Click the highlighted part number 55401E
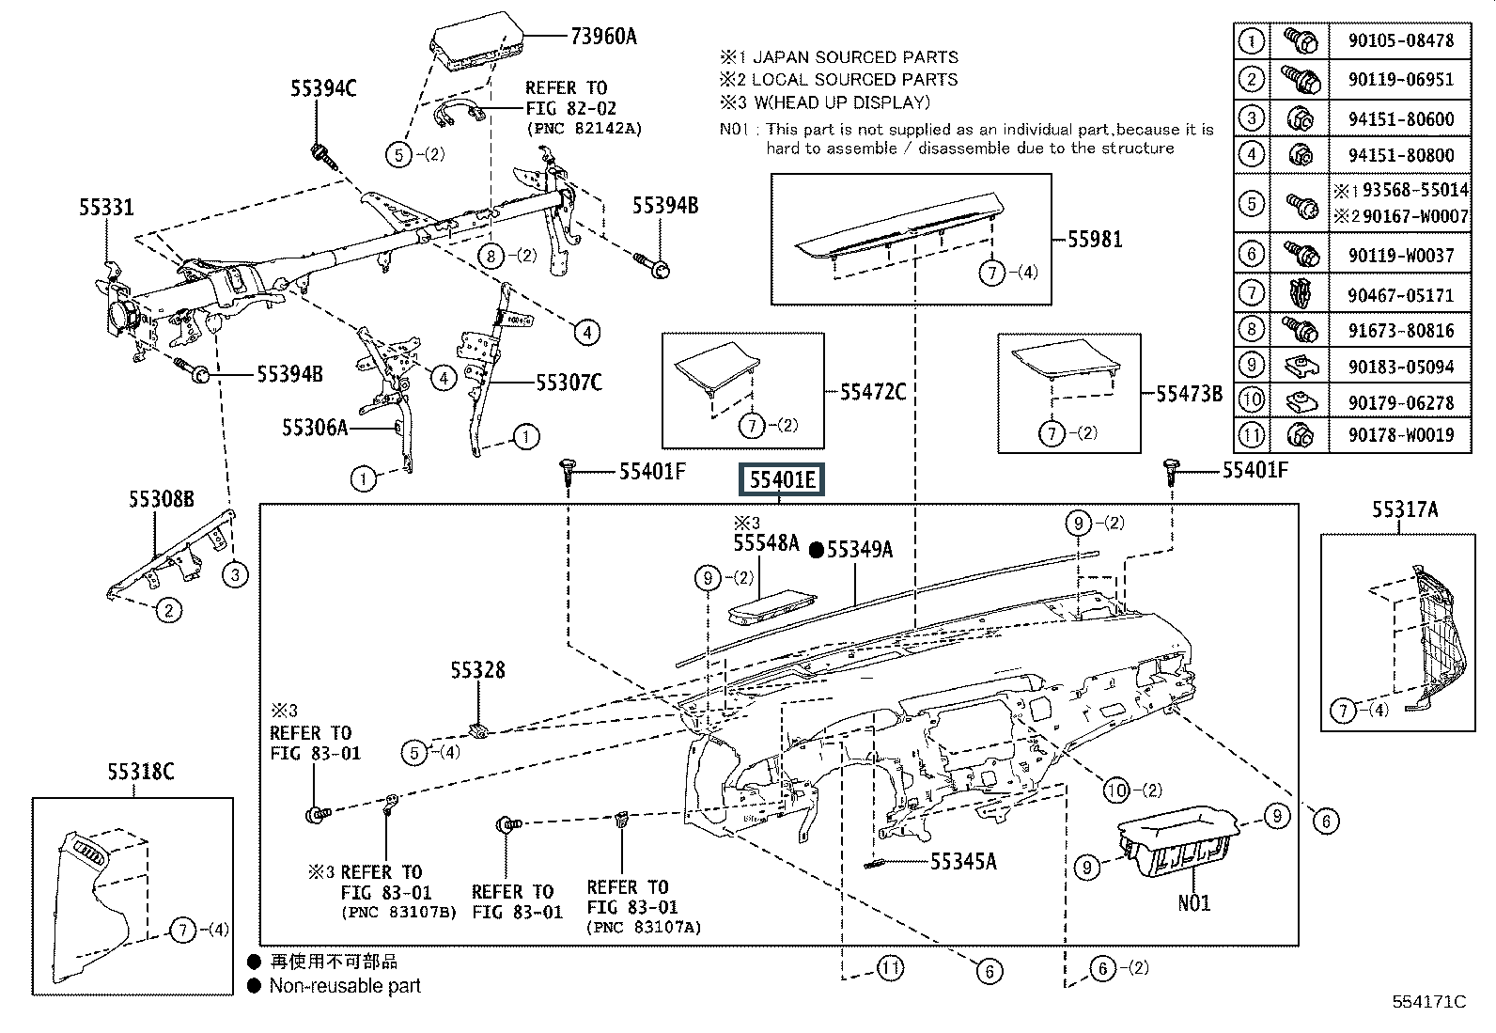tap(782, 481)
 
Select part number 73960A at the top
tap(603, 37)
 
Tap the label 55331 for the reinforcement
tap(106, 208)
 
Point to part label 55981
tap(1095, 239)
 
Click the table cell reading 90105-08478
tap(1399, 40)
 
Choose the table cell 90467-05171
tap(1399, 294)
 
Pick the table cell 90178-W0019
tap(1399, 434)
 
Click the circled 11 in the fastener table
tap(1251, 434)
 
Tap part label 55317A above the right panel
tap(1405, 510)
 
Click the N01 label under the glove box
tap(1194, 903)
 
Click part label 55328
tap(477, 670)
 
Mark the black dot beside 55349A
tap(817, 550)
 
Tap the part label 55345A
tap(963, 861)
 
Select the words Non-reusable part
tap(345, 986)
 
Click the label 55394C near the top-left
tap(322, 89)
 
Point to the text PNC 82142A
tap(584, 129)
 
